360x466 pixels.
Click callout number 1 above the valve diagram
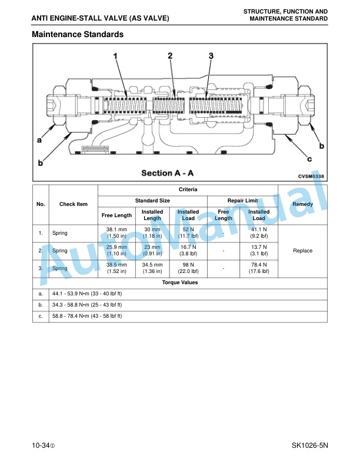115,56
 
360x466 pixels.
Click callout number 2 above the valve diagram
170,55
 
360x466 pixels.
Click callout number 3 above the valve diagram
211,56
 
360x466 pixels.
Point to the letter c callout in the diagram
309,159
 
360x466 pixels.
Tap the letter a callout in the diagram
39,139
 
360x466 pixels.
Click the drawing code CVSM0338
311,177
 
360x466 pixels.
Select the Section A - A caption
167,173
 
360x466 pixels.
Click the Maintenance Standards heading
78,34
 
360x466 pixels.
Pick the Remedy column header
303,204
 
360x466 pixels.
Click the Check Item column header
74,204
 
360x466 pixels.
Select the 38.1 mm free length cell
116,232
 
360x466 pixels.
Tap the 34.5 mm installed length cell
152,268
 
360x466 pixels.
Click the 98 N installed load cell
188,268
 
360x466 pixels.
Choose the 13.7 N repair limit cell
259,250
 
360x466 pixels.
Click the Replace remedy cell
303,251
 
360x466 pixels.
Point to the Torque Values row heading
180,282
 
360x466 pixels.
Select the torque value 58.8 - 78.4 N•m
87,316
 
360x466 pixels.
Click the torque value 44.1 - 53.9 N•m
87,294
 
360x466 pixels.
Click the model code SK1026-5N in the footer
310,445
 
